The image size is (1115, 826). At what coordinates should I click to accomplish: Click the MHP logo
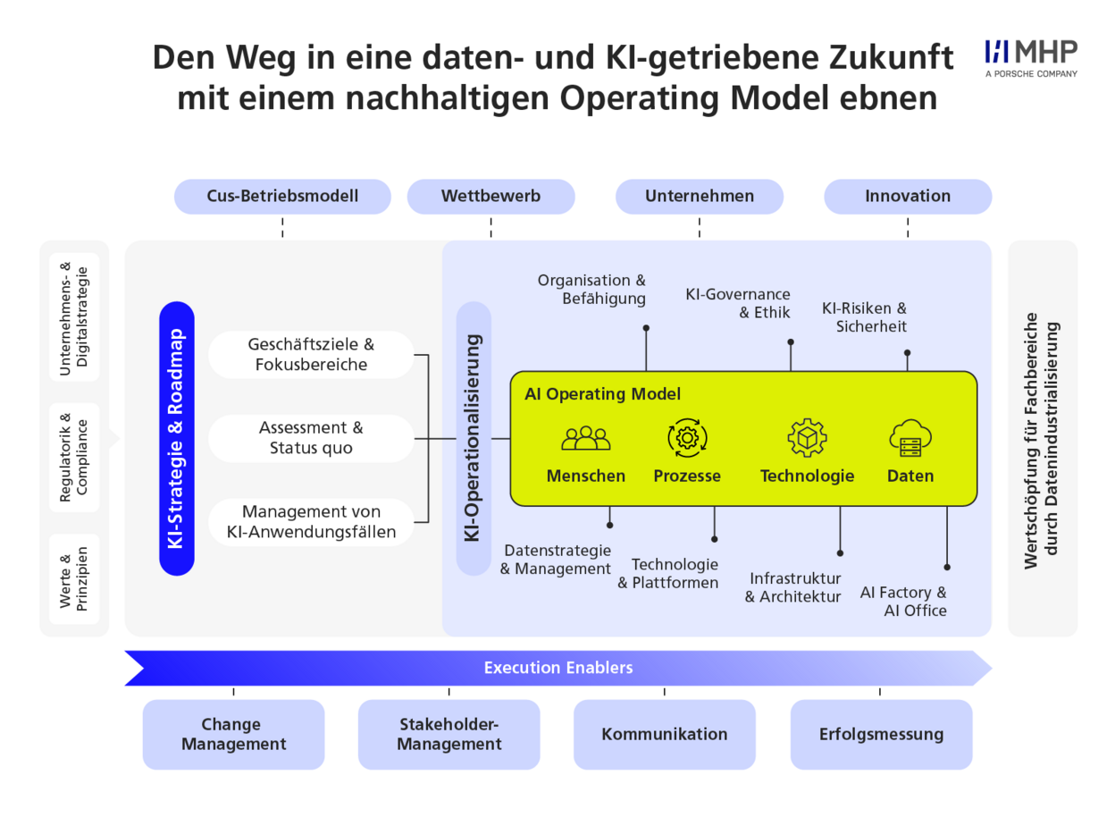click(1030, 58)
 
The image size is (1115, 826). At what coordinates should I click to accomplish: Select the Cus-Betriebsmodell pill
click(282, 196)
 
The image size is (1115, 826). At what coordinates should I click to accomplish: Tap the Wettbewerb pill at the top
click(490, 196)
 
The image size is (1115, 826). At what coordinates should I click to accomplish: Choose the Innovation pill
click(908, 196)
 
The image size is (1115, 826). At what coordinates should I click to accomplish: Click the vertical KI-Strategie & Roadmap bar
click(176, 438)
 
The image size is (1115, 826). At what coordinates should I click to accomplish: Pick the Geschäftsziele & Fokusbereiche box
click(311, 354)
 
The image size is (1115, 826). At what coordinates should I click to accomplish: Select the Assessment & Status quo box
click(311, 438)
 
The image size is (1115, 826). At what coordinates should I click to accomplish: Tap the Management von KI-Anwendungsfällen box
click(311, 522)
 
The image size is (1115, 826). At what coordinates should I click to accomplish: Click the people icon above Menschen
click(586, 438)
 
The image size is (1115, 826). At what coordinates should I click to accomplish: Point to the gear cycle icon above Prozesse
click(687, 438)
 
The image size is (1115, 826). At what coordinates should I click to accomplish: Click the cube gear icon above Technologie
click(807, 438)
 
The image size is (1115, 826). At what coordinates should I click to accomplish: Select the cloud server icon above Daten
click(910, 438)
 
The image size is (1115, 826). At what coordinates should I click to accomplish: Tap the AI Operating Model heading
click(602, 394)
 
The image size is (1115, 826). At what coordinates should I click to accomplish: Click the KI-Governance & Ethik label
click(737, 303)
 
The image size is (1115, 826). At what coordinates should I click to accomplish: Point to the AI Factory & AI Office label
click(903, 601)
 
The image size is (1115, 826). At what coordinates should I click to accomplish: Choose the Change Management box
click(233, 734)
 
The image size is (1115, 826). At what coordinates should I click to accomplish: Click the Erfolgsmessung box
click(881, 734)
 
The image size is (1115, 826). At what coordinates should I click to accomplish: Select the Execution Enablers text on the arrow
click(558, 668)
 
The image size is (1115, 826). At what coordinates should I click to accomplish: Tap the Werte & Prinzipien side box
click(74, 578)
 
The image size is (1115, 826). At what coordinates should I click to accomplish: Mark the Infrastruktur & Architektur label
click(792, 587)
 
